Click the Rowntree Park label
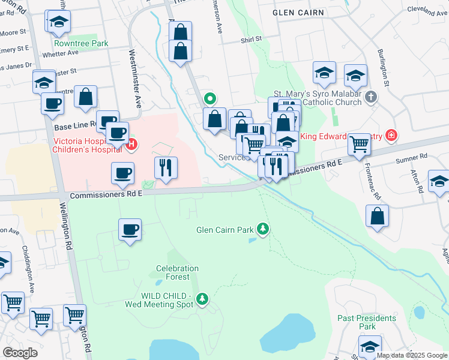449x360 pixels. (81, 43)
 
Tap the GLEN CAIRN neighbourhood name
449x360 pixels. (298, 12)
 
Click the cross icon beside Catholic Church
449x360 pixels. (372, 97)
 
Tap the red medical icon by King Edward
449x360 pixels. (391, 136)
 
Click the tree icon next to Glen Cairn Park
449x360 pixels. (262, 229)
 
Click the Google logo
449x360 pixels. (20, 353)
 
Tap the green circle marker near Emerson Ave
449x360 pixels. (210, 99)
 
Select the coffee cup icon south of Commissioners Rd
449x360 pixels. (130, 229)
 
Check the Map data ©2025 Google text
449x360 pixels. (412, 355)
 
